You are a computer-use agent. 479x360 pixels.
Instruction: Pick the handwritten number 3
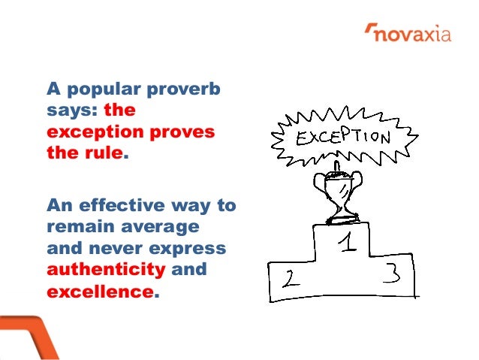point(392,274)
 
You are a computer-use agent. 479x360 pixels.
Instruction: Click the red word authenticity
point(104,268)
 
